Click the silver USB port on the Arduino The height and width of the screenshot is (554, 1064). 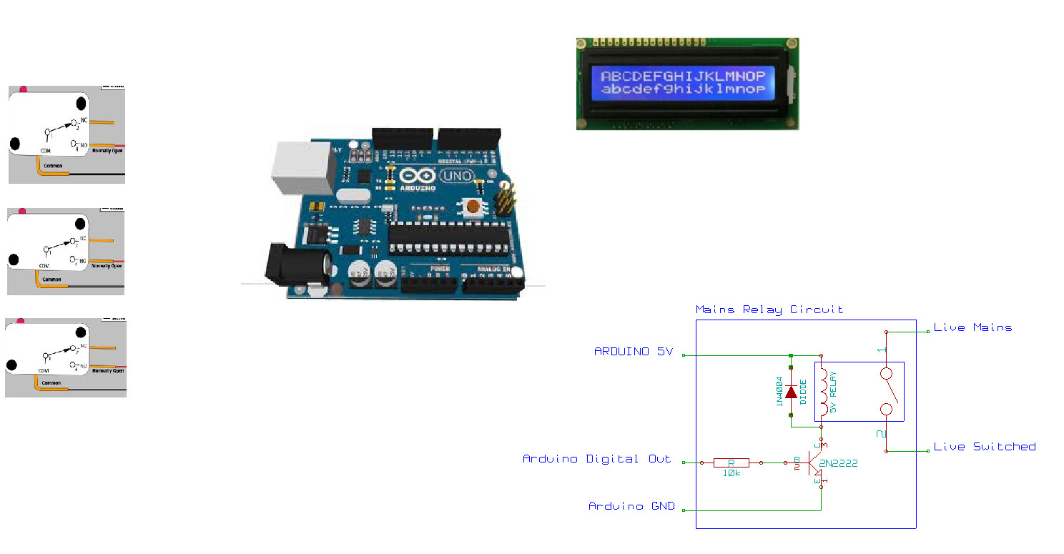coord(301,167)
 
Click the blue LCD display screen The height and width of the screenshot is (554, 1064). coord(683,82)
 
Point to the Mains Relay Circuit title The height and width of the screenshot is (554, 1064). coord(769,310)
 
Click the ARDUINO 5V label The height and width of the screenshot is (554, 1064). coord(633,352)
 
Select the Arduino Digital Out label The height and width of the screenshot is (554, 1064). coord(596,459)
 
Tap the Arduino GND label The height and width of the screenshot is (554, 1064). coord(631,506)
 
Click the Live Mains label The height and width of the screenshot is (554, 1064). coord(972,327)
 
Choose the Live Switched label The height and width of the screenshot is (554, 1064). coord(985,447)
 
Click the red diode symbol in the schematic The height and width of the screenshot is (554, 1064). coord(791,392)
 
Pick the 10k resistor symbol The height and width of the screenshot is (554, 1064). coord(731,463)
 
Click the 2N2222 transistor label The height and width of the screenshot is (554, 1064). coord(838,464)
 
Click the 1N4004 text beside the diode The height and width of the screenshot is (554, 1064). coord(779,392)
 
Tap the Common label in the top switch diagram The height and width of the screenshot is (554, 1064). coord(52,165)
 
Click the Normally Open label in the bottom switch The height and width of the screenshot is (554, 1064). coord(108,371)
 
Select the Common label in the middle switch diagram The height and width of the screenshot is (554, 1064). coord(51,280)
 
